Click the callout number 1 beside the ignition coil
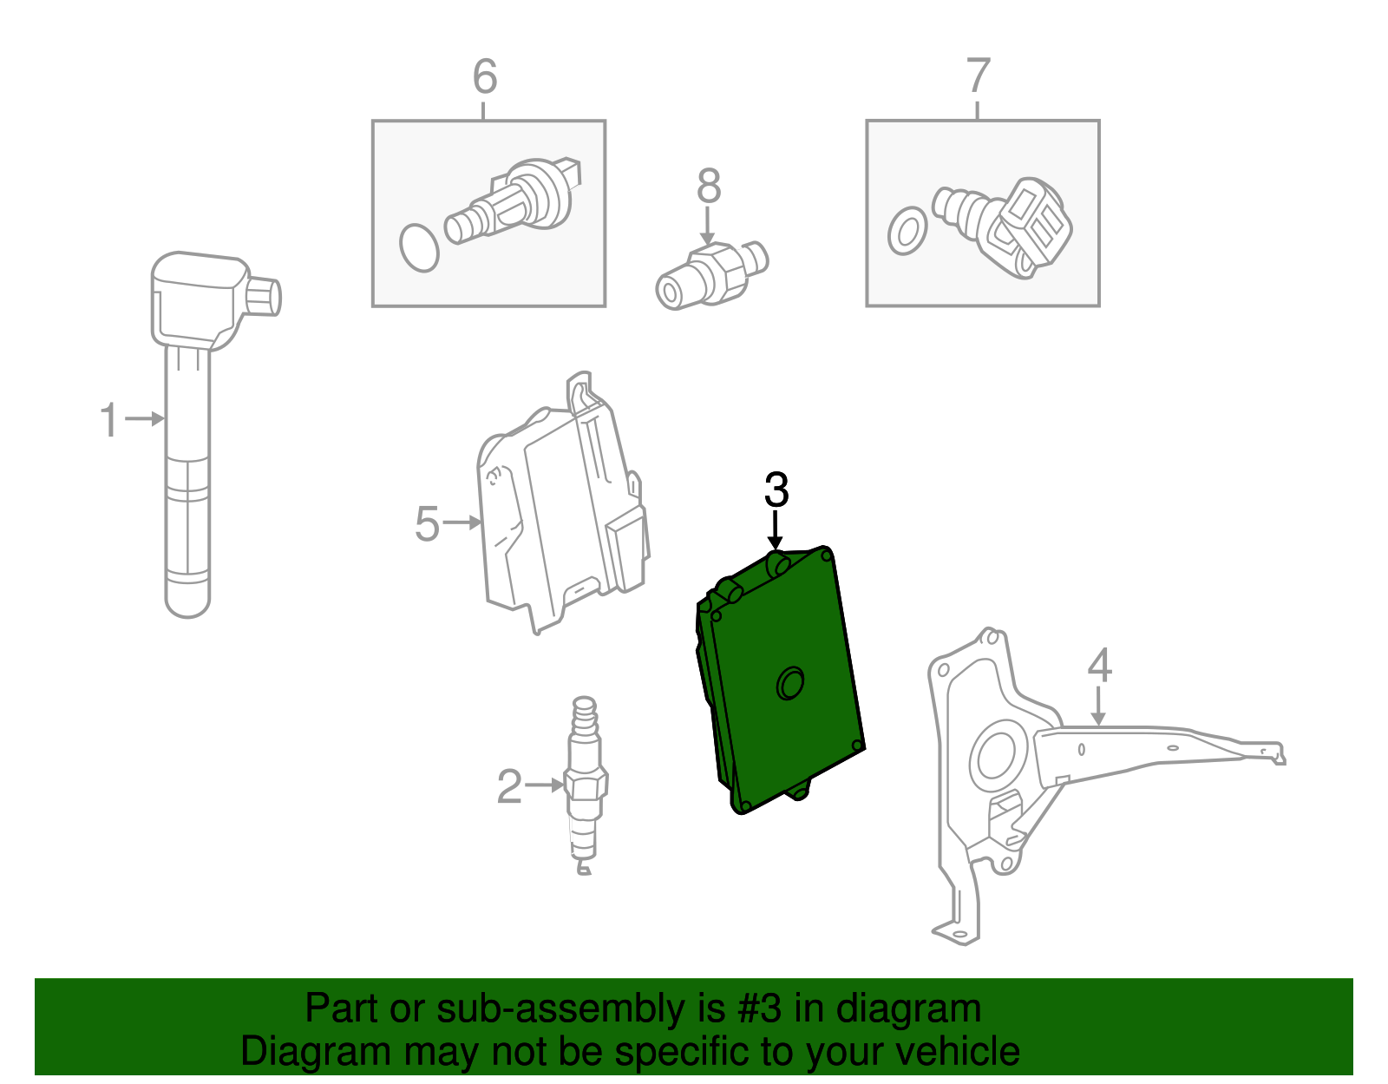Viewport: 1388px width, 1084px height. click(108, 420)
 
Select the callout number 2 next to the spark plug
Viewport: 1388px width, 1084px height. click(509, 786)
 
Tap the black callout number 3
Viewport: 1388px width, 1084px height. click(776, 490)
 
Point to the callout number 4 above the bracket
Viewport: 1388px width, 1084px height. click(1099, 666)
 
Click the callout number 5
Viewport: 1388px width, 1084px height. click(427, 523)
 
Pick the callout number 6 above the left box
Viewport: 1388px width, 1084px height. click(485, 76)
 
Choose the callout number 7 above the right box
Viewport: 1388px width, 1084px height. click(978, 76)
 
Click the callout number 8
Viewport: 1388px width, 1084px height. click(709, 186)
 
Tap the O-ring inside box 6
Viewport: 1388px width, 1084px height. click(419, 248)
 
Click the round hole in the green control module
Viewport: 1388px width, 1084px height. click(789, 683)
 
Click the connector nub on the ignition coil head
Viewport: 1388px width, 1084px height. click(264, 297)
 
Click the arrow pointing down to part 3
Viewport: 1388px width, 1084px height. click(776, 529)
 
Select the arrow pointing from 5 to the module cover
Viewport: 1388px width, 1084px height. click(462, 522)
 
